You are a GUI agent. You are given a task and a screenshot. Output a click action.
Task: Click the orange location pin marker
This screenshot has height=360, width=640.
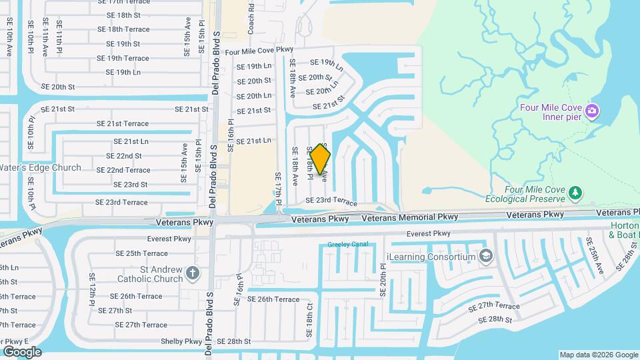click(x=321, y=159)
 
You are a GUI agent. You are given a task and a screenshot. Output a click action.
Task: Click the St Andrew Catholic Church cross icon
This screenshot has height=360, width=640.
click(x=193, y=272)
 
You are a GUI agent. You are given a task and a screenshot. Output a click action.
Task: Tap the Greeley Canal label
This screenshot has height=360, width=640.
click(x=348, y=245)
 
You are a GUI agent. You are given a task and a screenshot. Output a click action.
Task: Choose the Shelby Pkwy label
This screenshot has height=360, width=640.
click(x=181, y=341)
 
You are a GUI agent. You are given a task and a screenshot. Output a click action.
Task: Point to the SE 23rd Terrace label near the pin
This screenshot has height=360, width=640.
click(x=331, y=201)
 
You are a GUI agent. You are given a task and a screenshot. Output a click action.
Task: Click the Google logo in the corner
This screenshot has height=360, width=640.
click(x=22, y=351)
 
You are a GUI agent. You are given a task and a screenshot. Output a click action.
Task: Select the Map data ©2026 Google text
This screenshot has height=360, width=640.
click(x=598, y=355)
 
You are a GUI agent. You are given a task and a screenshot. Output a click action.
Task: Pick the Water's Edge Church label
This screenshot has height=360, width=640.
click(x=41, y=168)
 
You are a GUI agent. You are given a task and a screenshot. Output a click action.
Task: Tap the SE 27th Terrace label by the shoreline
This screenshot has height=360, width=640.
click(x=494, y=306)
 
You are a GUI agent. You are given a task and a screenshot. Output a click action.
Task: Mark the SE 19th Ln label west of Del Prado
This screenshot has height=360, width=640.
click(x=119, y=72)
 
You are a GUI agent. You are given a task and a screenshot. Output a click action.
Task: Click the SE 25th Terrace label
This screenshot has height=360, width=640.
click(x=141, y=253)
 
